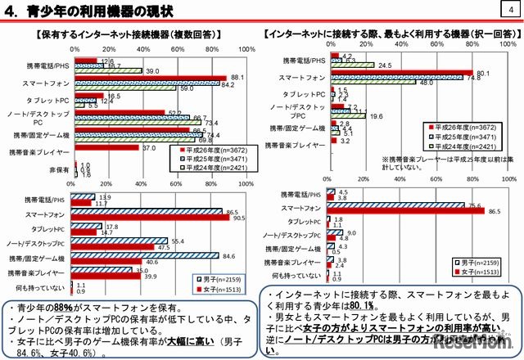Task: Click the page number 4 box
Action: (510, 9)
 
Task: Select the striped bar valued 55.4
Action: (120, 241)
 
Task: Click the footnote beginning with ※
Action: (426, 164)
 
